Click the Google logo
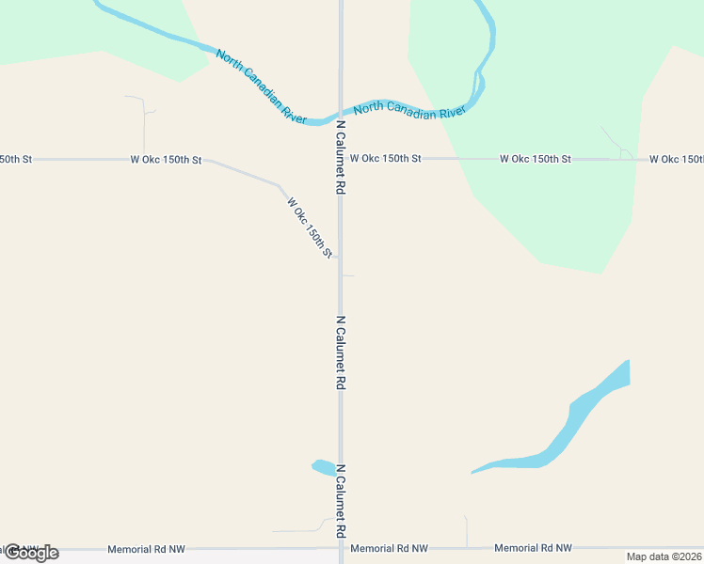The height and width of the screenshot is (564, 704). click(x=31, y=552)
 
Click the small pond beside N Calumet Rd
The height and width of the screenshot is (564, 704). click(x=323, y=467)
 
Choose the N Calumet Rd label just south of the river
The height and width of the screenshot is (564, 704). click(x=341, y=158)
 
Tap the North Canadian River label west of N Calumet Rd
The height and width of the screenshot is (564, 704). click(x=262, y=86)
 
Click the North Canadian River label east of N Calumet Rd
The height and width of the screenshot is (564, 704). click(x=410, y=109)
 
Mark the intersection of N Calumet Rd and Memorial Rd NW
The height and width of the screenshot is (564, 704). click(x=341, y=548)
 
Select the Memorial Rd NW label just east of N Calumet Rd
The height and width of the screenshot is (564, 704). click(x=389, y=548)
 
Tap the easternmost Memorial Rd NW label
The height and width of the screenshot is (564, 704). click(x=533, y=548)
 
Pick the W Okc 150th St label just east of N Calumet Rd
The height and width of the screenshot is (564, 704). click(x=385, y=159)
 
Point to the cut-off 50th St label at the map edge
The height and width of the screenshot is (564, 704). click(x=16, y=160)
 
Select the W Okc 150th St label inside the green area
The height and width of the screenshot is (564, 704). click(x=535, y=160)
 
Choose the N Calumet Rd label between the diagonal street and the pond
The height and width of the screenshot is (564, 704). click(x=341, y=353)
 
